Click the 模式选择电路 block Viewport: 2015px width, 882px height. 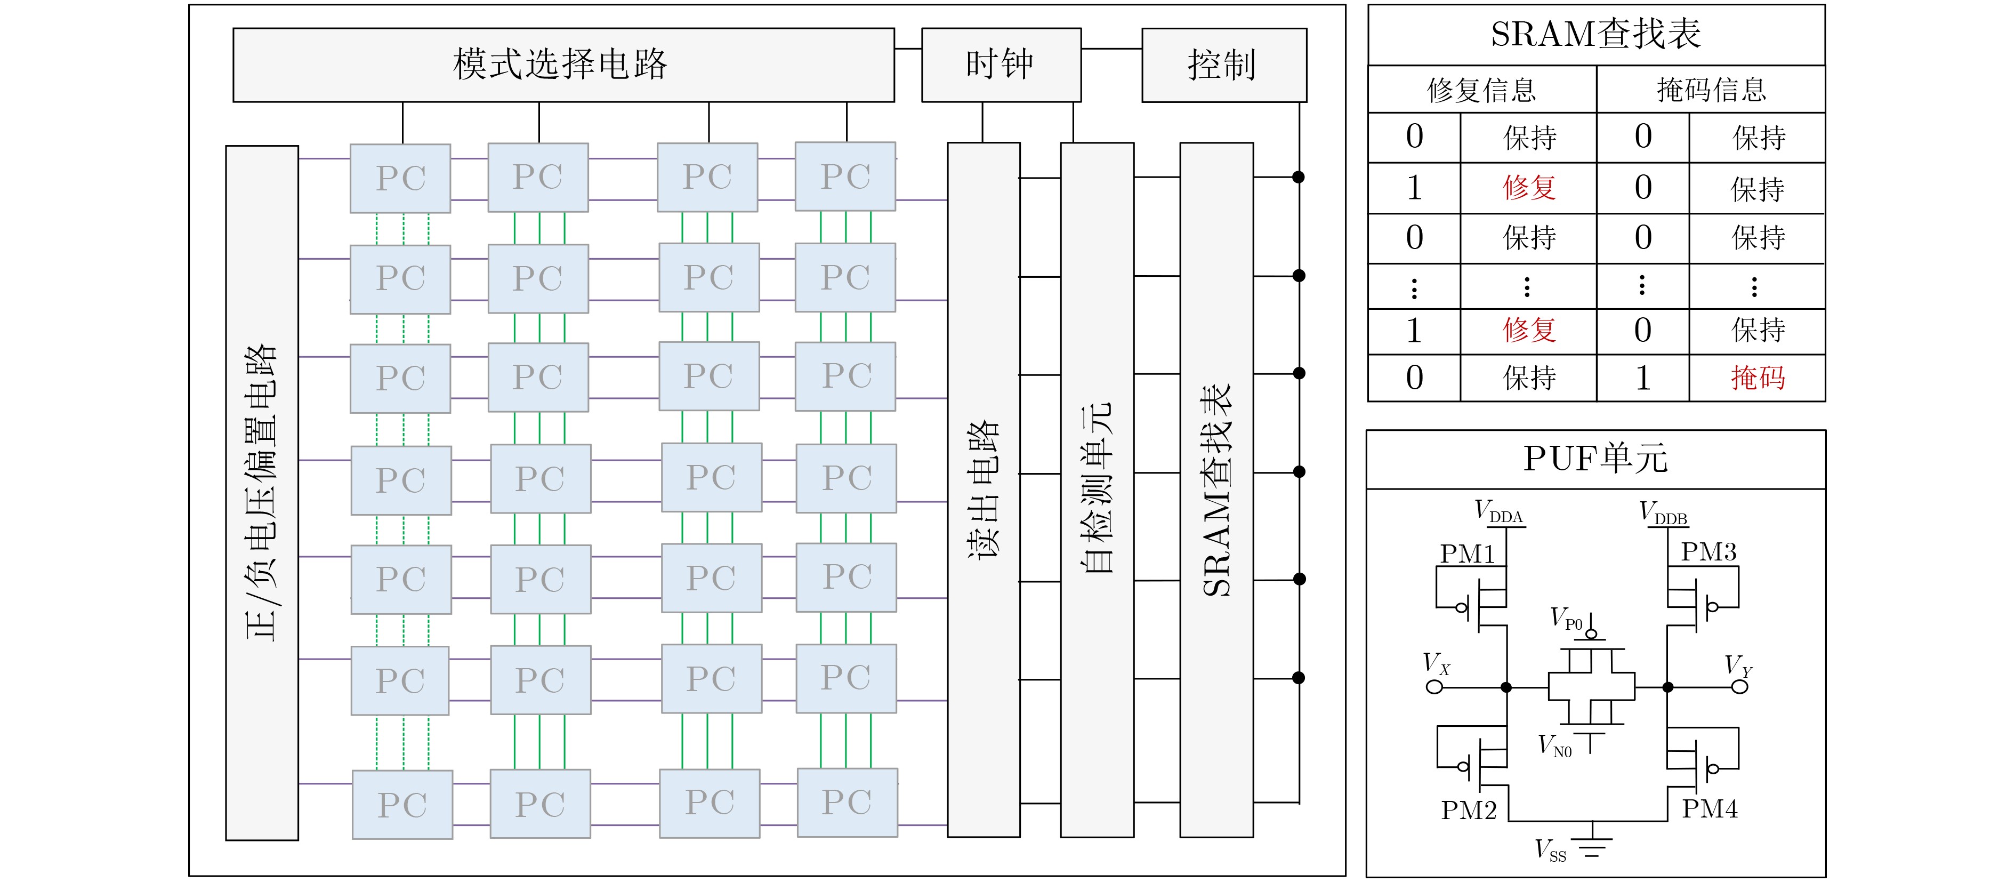coord(563,65)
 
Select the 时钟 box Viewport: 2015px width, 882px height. coord(1001,65)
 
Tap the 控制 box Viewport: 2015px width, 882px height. coord(1223,65)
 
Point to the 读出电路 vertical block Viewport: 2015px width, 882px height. coord(984,489)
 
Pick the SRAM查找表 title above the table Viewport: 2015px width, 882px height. coord(1595,35)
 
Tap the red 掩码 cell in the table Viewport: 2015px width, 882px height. coord(1758,378)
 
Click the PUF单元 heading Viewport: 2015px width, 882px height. coord(1595,459)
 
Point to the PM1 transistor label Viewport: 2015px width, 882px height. coord(1468,554)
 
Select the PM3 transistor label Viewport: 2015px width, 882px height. coord(1709,552)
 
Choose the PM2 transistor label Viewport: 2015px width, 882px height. coord(1468,810)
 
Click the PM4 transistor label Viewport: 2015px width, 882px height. coord(1710,808)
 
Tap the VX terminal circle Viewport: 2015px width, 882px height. coord(1434,687)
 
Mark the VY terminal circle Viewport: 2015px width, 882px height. coord(1739,687)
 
